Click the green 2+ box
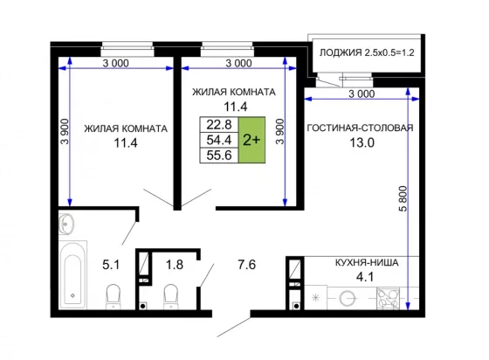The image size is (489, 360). (x=252, y=140)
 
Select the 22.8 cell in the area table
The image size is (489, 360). (x=219, y=125)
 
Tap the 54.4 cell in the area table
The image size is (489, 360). (x=219, y=140)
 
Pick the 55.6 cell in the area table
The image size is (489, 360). (x=219, y=155)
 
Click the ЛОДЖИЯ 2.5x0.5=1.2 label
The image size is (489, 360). (x=367, y=52)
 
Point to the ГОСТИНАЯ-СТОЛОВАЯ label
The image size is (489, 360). (x=360, y=128)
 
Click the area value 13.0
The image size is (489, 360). (x=362, y=143)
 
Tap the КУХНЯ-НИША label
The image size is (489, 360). (x=367, y=263)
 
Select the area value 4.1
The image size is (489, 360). (x=365, y=277)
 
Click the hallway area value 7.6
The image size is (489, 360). (x=246, y=265)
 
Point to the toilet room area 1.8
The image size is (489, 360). (x=175, y=265)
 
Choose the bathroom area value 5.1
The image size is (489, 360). (x=111, y=265)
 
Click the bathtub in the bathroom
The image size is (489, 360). (x=72, y=274)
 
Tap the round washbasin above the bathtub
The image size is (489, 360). (x=66, y=224)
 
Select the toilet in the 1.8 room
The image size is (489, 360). (x=170, y=296)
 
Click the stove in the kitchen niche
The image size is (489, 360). (x=388, y=299)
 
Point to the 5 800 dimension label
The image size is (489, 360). (x=403, y=198)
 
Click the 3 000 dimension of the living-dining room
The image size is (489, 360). (x=362, y=93)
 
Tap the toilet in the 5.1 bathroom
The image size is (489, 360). (x=113, y=296)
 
